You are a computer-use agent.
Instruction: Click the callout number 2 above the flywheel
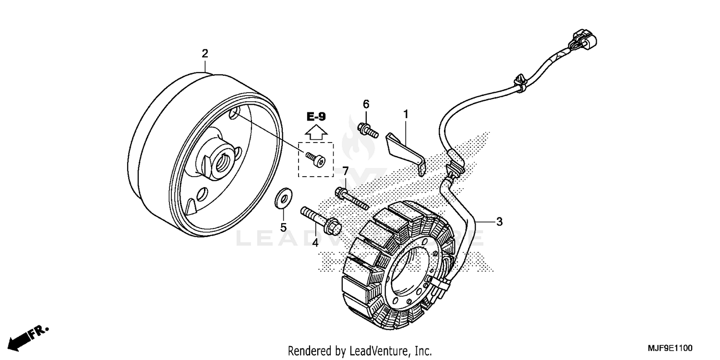tap(205, 53)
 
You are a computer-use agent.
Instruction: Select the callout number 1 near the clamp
tap(406, 114)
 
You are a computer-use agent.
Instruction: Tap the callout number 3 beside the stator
tap(499, 221)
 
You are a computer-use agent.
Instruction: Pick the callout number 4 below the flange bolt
tap(315, 243)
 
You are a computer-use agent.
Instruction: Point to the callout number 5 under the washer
tap(283, 227)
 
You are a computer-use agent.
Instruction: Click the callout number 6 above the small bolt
tap(366, 104)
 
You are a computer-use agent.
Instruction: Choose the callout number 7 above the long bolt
tap(345, 171)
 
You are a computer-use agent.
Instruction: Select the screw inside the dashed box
tap(315, 158)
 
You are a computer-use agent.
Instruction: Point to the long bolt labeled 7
tap(352, 198)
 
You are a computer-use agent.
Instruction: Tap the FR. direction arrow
tap(30, 336)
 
